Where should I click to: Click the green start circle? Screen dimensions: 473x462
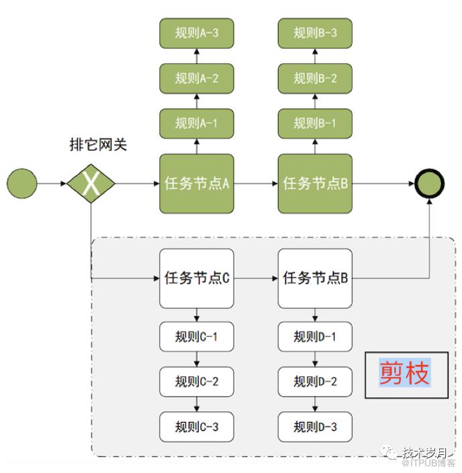[21, 183]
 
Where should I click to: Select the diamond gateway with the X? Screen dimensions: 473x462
[91, 183]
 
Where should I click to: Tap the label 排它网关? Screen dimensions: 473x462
[98, 144]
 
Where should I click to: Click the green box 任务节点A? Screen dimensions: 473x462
[197, 183]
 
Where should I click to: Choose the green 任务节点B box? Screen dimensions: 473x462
[315, 183]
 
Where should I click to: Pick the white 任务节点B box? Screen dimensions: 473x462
[315, 278]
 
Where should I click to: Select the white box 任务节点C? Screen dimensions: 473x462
[197, 278]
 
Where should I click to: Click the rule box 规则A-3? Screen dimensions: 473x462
[197, 33]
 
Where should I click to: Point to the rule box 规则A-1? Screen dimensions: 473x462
[197, 123]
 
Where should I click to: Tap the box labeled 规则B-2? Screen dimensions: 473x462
[315, 78]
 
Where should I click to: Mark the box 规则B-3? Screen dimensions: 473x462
[315, 33]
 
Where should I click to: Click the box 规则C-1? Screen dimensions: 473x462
[197, 337]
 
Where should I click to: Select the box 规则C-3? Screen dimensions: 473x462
[197, 427]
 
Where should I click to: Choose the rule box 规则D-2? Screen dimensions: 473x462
[315, 382]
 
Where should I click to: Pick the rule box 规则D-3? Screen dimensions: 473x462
[315, 427]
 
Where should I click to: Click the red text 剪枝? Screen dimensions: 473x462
[405, 373]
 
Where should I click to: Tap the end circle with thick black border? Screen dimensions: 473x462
[429, 183]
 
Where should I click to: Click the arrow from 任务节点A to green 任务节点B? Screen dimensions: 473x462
[256, 183]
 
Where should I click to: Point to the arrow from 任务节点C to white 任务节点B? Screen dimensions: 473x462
[256, 278]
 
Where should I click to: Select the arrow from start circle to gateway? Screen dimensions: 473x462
[52, 183]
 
